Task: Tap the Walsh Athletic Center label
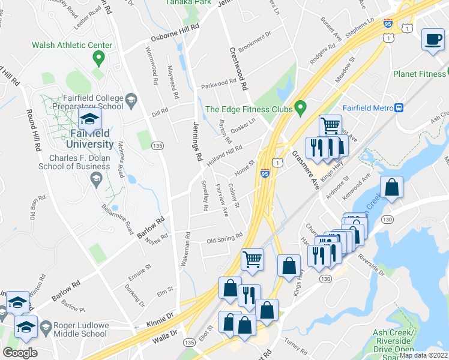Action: point(72,45)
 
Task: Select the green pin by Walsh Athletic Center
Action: point(98,59)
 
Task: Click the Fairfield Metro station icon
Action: point(397,108)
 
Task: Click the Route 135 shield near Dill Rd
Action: point(158,146)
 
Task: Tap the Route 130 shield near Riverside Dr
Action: point(325,279)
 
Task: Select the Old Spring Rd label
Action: point(224,240)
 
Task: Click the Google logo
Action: point(20,352)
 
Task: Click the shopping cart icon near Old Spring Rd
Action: point(252,259)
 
